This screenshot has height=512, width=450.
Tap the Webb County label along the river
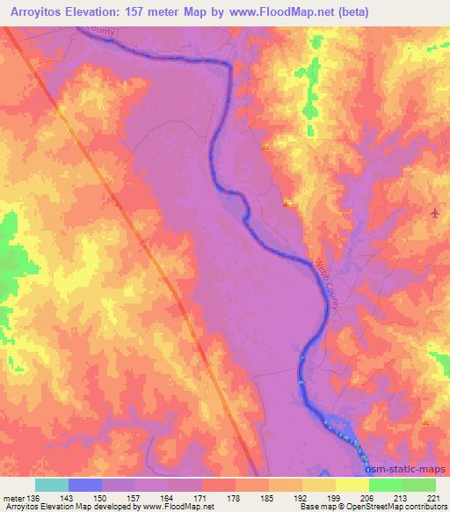(326, 282)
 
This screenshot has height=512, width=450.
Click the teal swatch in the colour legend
(52, 485)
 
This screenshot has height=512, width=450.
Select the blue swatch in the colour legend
(85, 485)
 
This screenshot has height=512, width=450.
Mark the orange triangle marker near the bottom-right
(425, 422)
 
